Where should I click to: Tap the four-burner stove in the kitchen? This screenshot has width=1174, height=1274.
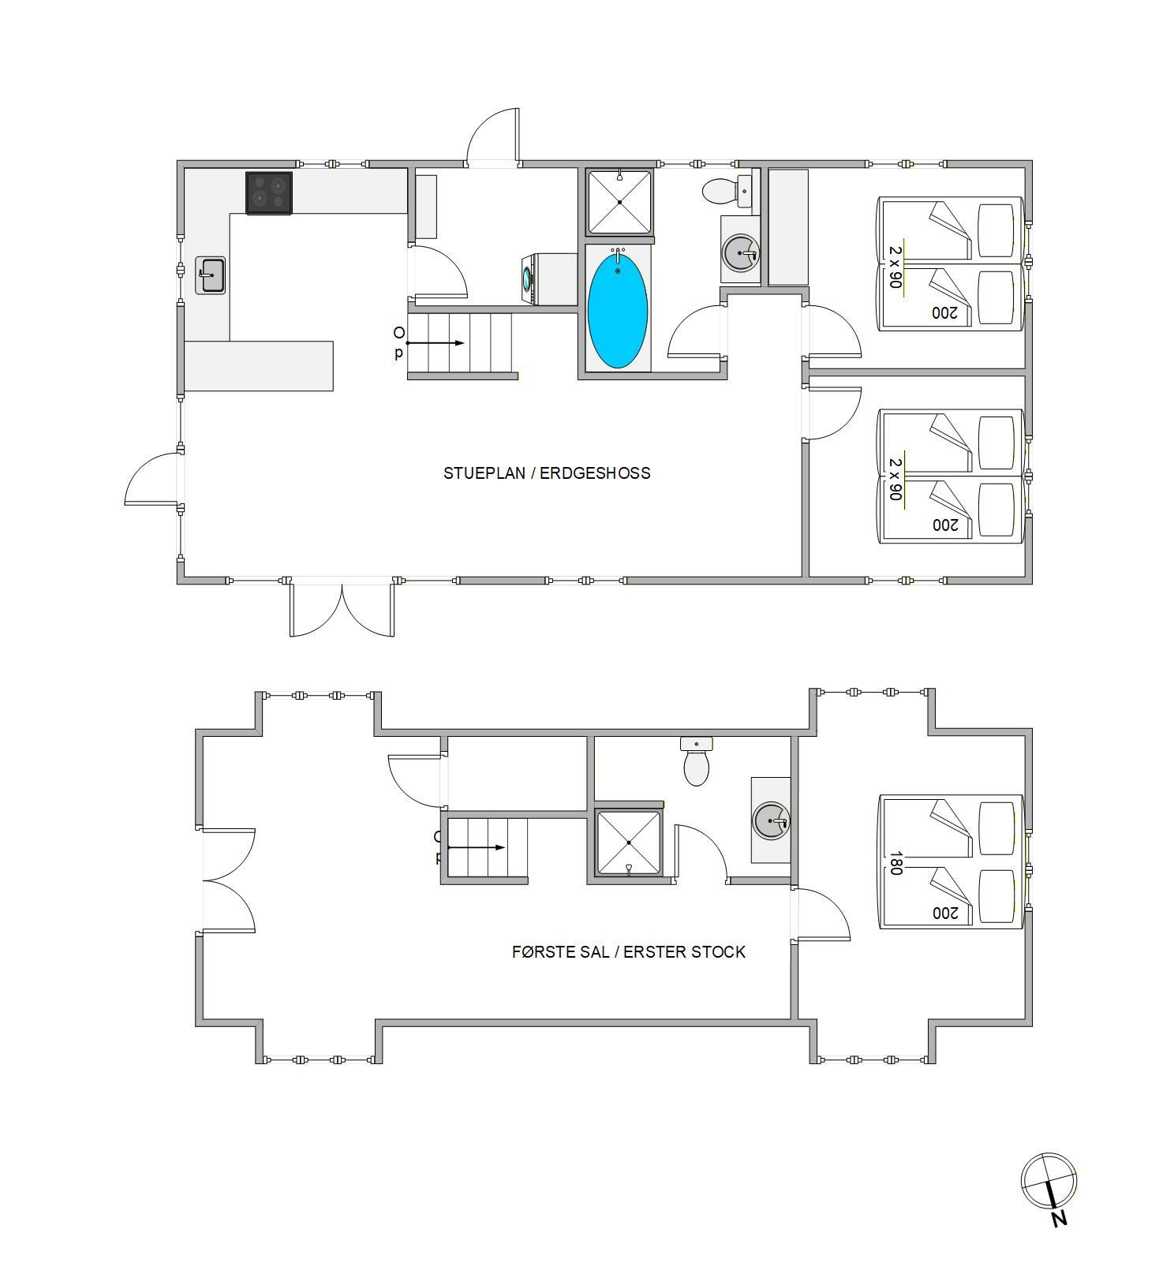[269, 193]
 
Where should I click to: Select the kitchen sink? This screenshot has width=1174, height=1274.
[211, 275]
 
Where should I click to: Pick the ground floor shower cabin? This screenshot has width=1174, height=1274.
[619, 201]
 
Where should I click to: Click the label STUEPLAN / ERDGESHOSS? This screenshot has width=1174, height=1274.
[547, 473]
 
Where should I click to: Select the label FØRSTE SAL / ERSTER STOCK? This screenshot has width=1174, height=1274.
[629, 952]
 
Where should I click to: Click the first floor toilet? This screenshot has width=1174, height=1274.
[697, 761]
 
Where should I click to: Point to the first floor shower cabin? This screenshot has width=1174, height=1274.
[629, 843]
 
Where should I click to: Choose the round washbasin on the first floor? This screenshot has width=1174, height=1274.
[771, 821]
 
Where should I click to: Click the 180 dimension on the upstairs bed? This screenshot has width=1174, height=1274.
[895, 862]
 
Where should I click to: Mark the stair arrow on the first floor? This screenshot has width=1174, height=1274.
[477, 848]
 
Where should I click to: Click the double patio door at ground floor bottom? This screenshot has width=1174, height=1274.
[342, 608]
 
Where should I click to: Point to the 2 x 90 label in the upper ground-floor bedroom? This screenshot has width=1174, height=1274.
[895, 267]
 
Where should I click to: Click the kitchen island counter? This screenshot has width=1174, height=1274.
[259, 366]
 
